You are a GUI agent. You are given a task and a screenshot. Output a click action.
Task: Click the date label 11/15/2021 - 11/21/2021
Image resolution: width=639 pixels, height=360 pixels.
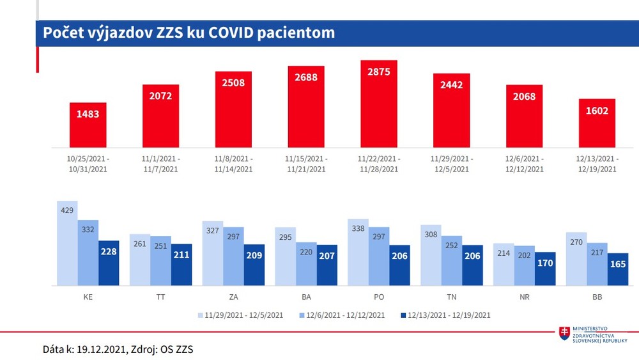pyautogui.click(x=306, y=164)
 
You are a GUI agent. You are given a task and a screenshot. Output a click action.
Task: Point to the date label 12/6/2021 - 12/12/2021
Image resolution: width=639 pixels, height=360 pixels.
pyautogui.click(x=524, y=164)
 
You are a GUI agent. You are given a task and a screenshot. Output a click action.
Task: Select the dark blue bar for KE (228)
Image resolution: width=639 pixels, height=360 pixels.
pyautogui.click(x=109, y=263)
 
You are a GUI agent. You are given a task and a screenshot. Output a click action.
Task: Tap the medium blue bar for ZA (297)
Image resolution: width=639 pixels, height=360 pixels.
pyautogui.click(x=233, y=256)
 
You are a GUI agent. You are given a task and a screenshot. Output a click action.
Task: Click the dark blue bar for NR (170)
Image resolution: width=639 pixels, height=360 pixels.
pyautogui.click(x=545, y=269)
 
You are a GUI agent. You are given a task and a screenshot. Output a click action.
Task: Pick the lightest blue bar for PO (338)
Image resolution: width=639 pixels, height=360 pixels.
pyautogui.click(x=358, y=252)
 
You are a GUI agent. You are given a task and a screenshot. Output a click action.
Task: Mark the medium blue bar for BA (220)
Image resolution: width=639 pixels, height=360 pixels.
pyautogui.click(x=306, y=263)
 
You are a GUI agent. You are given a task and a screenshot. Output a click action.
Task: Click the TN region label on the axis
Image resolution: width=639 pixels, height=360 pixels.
pyautogui.click(x=451, y=297)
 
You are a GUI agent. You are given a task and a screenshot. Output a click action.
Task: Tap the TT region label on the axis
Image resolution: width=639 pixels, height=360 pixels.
pyautogui.click(x=160, y=297)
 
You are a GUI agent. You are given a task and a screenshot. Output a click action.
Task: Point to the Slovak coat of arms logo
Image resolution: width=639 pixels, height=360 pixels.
pyautogui.click(x=564, y=333)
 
